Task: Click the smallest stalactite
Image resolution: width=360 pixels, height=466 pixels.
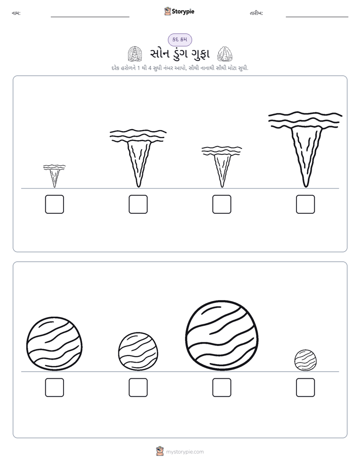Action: [x=54, y=176]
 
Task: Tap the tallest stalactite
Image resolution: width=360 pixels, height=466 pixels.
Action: [x=305, y=149]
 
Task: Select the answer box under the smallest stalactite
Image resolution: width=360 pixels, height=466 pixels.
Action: [x=54, y=204]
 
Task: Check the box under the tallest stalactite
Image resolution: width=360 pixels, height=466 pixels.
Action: [x=306, y=204]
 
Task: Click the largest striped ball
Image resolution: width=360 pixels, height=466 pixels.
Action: [x=222, y=335]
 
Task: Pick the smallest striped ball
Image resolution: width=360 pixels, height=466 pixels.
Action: [x=306, y=360]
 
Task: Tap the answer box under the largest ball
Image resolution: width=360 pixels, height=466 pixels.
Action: [x=222, y=387]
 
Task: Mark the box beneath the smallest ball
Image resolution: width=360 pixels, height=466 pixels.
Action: [x=306, y=387]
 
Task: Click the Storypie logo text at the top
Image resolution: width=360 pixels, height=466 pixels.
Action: [x=183, y=11]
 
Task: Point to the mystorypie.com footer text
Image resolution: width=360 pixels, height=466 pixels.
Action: [x=185, y=452]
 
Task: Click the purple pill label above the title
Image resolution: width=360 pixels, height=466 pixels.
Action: [x=180, y=39]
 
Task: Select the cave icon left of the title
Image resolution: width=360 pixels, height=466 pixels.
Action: [x=135, y=54]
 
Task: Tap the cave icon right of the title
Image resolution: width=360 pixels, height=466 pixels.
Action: [x=225, y=54]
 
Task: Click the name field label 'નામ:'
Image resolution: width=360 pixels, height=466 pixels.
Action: [x=16, y=13]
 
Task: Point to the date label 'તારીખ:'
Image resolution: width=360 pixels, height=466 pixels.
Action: [x=256, y=13]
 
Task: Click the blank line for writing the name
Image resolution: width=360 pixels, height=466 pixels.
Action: [x=90, y=17]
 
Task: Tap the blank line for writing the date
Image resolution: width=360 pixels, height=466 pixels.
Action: [x=317, y=17]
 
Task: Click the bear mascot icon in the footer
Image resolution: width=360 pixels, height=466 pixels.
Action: [x=160, y=451]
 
